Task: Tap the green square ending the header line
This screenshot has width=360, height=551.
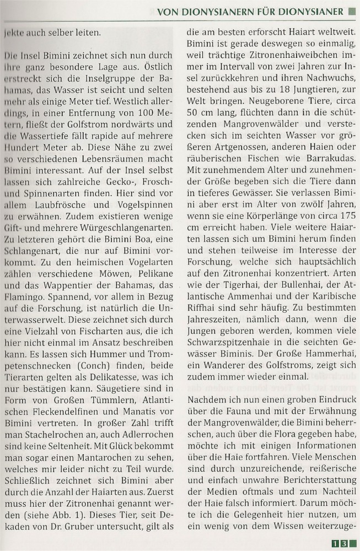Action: click(352, 11)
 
